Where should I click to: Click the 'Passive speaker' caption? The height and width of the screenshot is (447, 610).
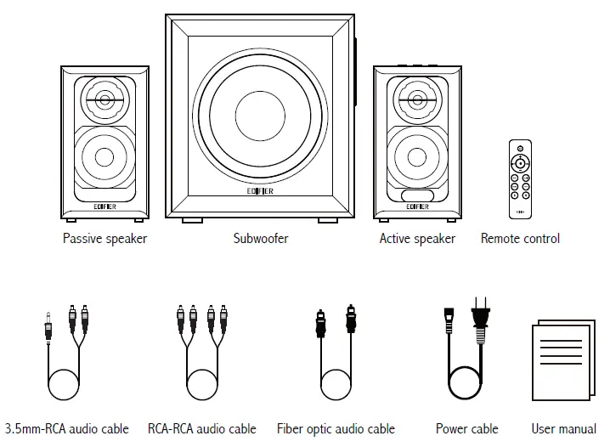click(104, 239)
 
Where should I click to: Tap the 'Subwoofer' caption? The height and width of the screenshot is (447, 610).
click(260, 239)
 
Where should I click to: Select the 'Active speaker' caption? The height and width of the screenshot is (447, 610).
click(416, 239)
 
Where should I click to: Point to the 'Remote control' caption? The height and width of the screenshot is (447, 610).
click(520, 239)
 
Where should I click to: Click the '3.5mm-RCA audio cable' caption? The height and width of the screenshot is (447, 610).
click(67, 429)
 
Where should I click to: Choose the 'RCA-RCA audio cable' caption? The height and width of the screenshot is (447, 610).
click(201, 429)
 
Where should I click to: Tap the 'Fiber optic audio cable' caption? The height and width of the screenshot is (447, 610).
click(336, 429)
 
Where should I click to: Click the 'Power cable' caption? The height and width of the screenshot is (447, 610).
click(466, 429)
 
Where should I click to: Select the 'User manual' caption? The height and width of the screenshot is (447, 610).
click(563, 429)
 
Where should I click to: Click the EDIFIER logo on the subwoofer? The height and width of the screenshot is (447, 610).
click(260, 192)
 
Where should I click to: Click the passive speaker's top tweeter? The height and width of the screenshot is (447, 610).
click(104, 100)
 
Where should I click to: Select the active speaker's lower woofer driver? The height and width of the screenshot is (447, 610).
click(417, 156)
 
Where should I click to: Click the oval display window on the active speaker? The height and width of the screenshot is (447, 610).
click(417, 195)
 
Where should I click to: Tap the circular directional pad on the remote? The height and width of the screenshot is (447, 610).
click(520, 161)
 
